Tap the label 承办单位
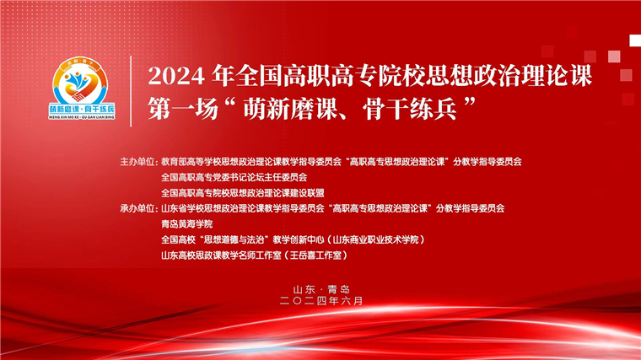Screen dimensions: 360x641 point(138,207)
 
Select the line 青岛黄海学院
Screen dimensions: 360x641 point(186,223)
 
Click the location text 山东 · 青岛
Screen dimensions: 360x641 point(320,287)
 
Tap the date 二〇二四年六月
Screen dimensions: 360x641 point(320,300)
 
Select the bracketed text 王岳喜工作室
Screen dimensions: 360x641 point(317,255)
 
